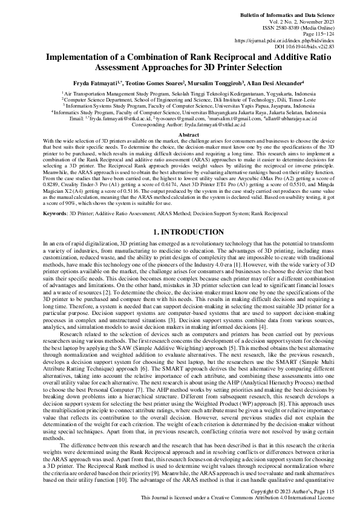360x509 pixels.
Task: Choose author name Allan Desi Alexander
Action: pos(277,82)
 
